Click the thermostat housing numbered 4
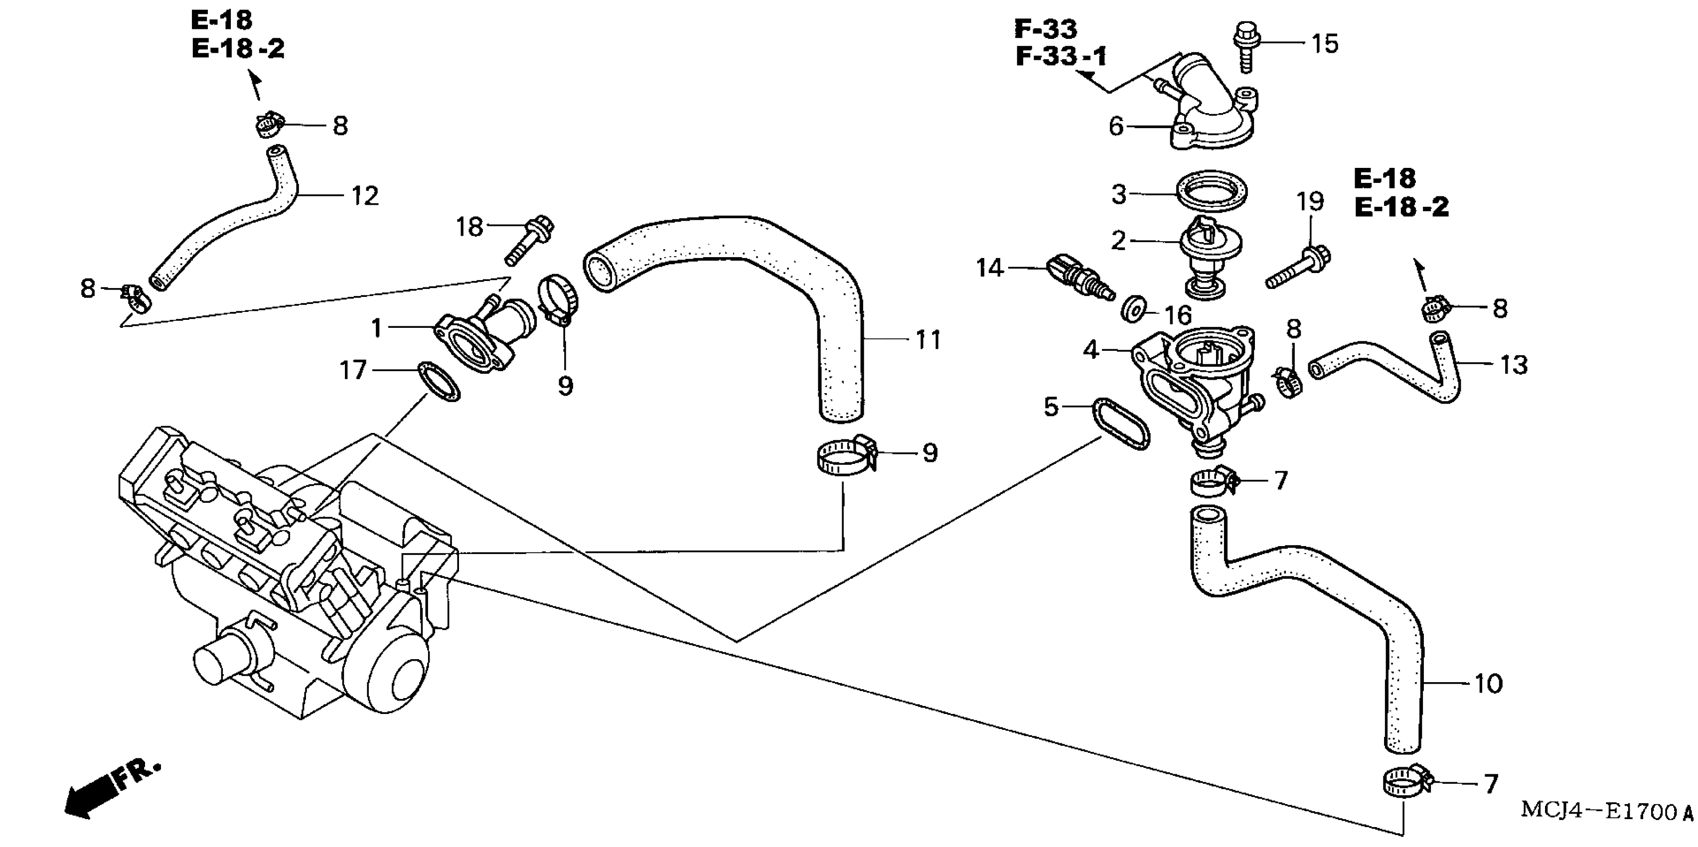pos(1193,389)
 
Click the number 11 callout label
pos(928,340)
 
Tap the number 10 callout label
pos(1488,684)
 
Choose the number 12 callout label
pos(364,196)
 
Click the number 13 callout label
pos(1514,365)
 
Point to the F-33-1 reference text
pos(1061,57)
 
